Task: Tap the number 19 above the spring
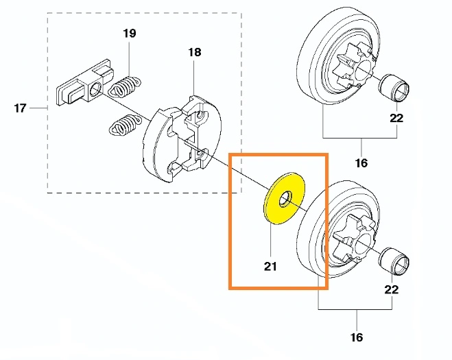click(130, 33)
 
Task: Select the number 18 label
click(195, 52)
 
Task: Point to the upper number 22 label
click(396, 118)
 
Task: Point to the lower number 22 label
click(392, 289)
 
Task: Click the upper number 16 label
click(361, 163)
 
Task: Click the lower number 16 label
click(357, 337)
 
